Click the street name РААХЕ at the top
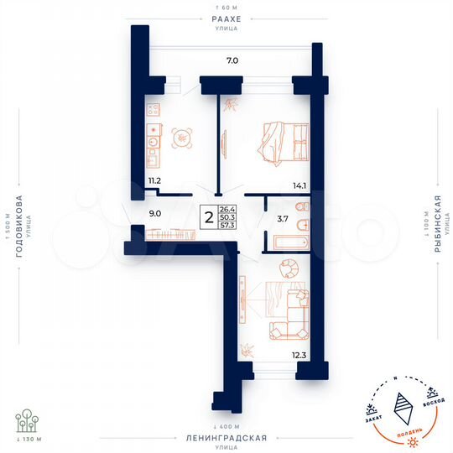226,18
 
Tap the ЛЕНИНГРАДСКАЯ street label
226,438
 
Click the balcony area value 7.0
232,60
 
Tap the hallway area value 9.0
154,213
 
